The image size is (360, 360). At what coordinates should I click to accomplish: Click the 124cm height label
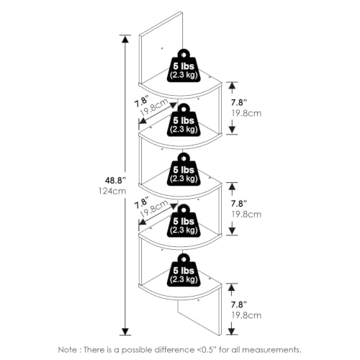tap(112, 191)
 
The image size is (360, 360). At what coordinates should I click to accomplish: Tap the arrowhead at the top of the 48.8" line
tap(125, 39)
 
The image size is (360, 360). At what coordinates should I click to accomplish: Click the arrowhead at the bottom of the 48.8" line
tap(125, 331)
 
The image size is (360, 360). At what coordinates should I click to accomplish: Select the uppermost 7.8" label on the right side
tap(239, 102)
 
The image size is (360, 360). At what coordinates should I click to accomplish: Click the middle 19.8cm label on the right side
tap(246, 215)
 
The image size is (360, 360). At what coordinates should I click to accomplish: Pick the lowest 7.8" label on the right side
tap(239, 305)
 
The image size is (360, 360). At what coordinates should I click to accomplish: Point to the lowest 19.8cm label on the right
tap(246, 315)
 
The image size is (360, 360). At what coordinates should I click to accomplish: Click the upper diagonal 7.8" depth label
tap(142, 101)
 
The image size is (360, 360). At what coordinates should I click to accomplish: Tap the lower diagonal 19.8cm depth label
tap(153, 208)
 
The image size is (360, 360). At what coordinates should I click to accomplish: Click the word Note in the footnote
tap(66, 350)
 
